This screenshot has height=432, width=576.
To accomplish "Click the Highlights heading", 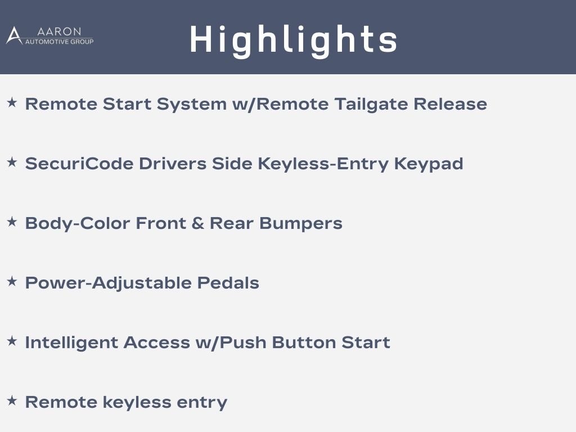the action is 294,40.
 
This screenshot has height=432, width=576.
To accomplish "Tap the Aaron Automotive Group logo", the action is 50,35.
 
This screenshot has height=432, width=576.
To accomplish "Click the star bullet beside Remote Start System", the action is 12,102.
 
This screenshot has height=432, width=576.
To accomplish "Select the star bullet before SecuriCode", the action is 12,162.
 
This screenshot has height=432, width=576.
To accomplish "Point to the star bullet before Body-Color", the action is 12,222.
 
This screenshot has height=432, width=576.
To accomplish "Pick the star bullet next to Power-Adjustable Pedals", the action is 12,281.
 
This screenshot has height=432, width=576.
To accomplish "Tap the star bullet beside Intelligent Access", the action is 12,341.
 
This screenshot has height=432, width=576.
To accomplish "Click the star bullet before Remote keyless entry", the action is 12,400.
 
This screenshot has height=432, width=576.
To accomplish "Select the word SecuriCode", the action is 79,164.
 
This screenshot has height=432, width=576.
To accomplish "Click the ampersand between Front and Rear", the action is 197,223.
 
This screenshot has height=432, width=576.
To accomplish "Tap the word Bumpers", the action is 301,224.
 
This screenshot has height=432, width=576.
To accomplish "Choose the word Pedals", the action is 228,283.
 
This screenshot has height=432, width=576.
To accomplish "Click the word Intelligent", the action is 71,343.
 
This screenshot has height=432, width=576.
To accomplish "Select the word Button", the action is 304,343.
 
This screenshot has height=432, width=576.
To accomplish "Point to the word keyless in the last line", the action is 137,403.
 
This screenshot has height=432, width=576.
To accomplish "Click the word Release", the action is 451,104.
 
